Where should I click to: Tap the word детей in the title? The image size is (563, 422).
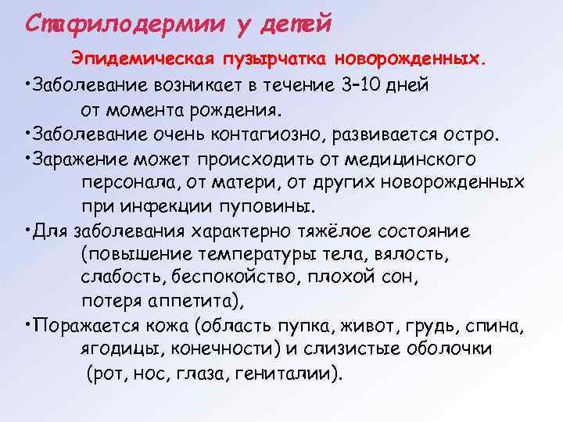(x=300, y=24)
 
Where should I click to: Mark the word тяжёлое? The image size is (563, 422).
(x=336, y=232)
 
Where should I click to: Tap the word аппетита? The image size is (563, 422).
(x=190, y=302)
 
